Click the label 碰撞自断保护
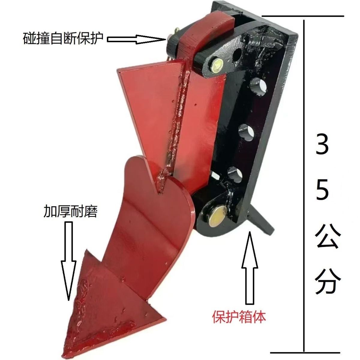pyautogui.click(x=63, y=38)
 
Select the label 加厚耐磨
pyautogui.click(x=70, y=211)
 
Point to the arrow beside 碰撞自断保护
pyautogui.click(x=137, y=39)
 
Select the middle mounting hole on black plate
pyautogui.click(x=246, y=133)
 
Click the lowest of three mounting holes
pyautogui.click(x=235, y=175)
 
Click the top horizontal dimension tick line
pyautogui.click(x=303, y=16)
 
